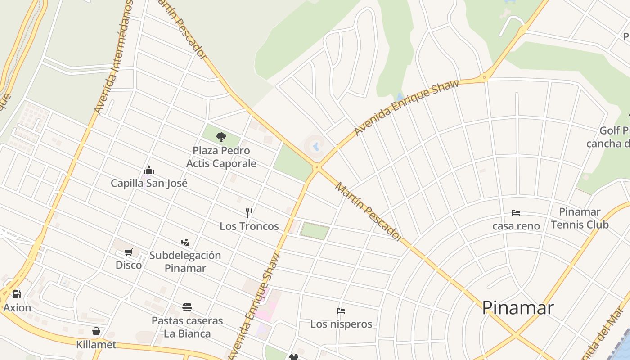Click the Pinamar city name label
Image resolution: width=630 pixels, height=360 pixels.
pos(517,308)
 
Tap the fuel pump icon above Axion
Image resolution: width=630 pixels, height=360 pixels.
pos(17,294)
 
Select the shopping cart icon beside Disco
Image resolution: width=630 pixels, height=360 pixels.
pos(129,252)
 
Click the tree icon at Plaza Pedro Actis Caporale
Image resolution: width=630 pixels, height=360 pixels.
pos(221,137)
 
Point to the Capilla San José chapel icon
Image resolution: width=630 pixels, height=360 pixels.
pos(149,170)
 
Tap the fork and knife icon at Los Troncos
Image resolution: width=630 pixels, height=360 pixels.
pos(249,212)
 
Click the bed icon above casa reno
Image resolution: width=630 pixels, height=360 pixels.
pos(516,212)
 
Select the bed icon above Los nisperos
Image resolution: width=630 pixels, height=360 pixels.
pos(341,310)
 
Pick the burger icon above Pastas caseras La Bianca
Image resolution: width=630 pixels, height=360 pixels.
pos(187,307)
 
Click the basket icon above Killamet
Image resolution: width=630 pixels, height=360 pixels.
pos(96,332)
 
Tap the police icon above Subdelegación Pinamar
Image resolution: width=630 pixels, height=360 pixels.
pos(185,242)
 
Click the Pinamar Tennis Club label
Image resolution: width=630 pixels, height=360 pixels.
pos(580,218)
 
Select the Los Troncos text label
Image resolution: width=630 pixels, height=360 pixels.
pos(249,226)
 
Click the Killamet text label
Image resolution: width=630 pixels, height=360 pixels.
pos(96,345)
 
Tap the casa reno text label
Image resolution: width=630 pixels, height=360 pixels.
pos(516,226)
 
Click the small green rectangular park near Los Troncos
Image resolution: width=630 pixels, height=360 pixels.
pos(315,230)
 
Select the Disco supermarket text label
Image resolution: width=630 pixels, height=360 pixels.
pos(129,265)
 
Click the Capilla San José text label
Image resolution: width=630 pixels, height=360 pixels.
pos(149,183)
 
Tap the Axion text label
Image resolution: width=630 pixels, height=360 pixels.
pos(17,308)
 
